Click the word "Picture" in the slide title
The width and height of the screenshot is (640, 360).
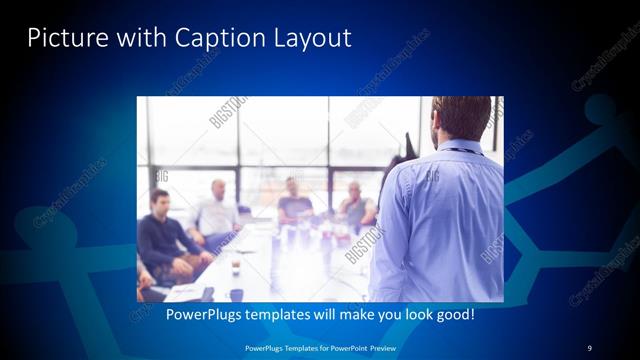click(x=60, y=38)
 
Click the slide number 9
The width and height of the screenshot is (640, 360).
click(x=589, y=347)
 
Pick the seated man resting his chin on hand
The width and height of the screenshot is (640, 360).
click(x=355, y=206)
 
